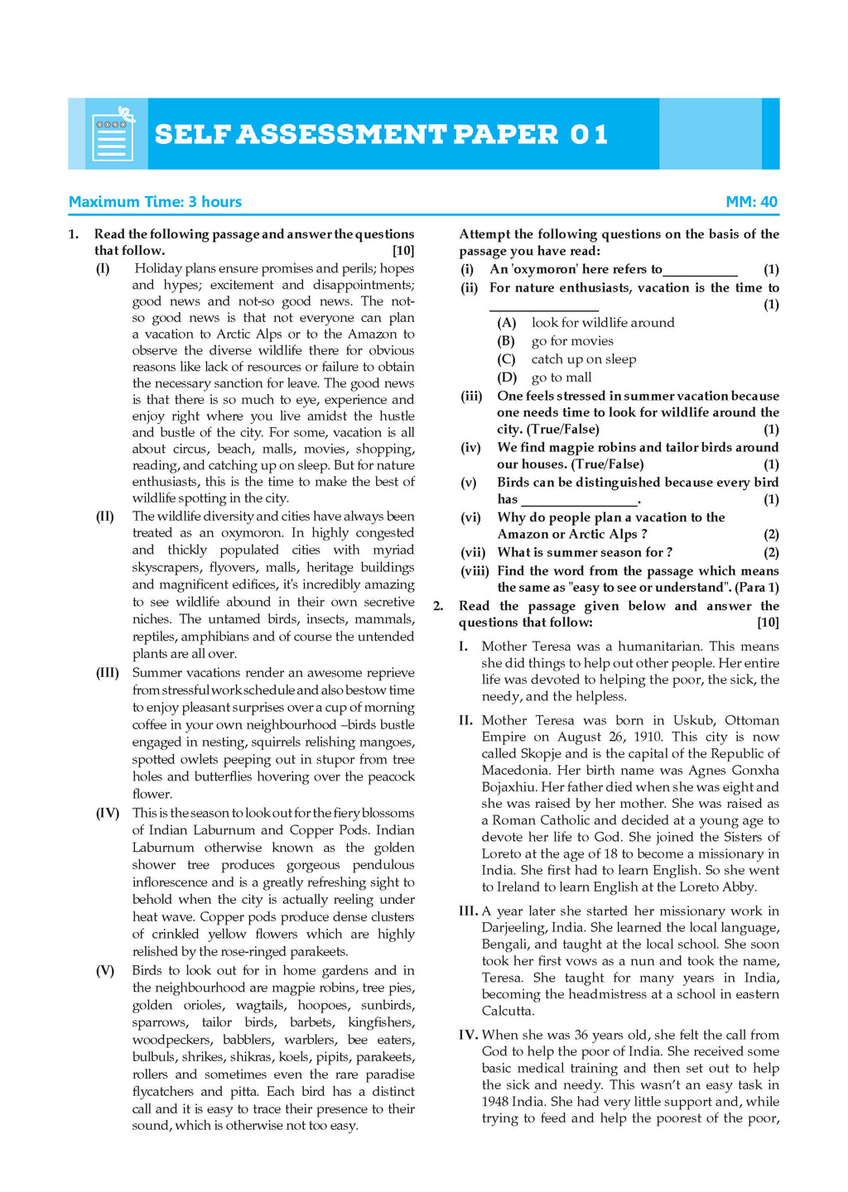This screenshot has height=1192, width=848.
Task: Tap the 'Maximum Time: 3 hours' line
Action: [x=155, y=202]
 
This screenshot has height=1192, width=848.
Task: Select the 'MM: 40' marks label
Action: [x=751, y=202]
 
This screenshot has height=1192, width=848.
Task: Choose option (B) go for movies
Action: [x=572, y=341]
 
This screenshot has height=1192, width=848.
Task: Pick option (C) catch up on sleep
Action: [x=584, y=359]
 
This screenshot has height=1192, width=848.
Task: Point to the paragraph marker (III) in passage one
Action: [x=108, y=673]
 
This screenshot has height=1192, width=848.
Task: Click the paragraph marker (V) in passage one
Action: [x=105, y=970]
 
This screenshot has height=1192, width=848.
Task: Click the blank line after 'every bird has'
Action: [x=580, y=500]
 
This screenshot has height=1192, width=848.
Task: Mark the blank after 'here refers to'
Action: [x=700, y=270]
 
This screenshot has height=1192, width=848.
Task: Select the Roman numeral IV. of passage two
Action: [x=469, y=1035]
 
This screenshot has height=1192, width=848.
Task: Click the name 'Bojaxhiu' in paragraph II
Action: [x=508, y=787]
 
